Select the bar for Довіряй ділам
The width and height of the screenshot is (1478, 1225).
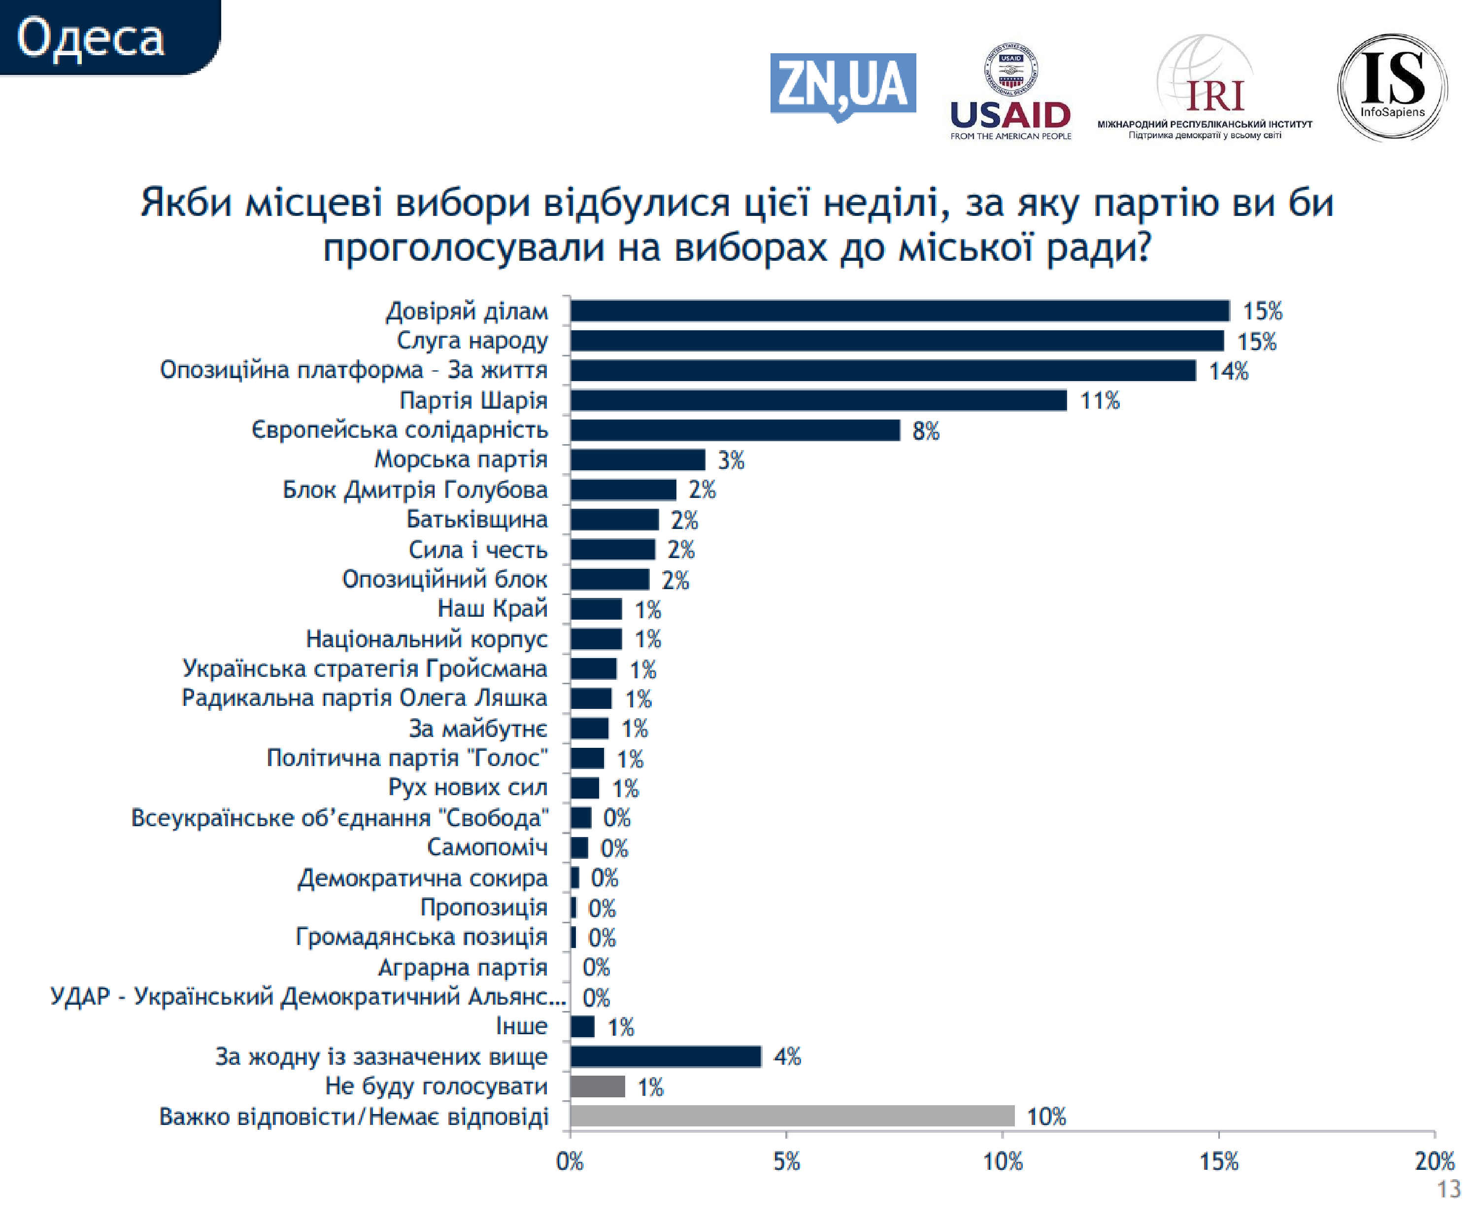900,311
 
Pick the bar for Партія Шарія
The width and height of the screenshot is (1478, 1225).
818,400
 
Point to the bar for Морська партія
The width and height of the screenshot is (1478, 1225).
637,460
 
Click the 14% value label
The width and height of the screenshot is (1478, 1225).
1228,371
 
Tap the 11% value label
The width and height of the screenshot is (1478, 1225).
1099,401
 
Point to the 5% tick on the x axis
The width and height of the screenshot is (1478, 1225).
786,1161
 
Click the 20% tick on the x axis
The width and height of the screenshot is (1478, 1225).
1434,1161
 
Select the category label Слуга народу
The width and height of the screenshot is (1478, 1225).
472,340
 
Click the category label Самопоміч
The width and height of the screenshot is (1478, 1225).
487,847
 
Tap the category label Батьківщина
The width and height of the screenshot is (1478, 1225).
476,519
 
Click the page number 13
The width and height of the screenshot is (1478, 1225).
1448,1189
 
